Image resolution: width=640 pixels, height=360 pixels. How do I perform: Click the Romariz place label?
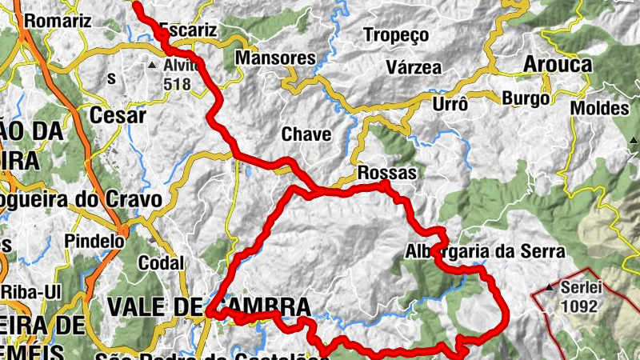58,22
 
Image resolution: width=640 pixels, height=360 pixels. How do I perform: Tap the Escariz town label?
189,30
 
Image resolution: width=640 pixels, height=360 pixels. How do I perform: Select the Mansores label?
276,58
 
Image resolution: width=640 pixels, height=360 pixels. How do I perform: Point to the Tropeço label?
396,35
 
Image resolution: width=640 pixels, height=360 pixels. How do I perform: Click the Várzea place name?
413,67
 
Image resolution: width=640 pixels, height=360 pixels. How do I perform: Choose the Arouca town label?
558,64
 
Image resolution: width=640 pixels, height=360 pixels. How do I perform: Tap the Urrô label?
449,104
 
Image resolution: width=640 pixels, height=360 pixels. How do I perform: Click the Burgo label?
526,98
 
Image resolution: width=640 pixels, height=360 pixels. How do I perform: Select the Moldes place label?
600,108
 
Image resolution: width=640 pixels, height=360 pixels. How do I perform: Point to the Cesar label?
118,115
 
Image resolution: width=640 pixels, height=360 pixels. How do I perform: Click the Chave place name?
306,134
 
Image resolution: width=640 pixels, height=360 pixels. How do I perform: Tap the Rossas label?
388,173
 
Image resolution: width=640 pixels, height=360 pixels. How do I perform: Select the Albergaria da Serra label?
485,251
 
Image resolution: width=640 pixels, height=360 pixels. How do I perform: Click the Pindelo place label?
95,240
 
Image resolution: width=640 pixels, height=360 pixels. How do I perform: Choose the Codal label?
161,262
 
